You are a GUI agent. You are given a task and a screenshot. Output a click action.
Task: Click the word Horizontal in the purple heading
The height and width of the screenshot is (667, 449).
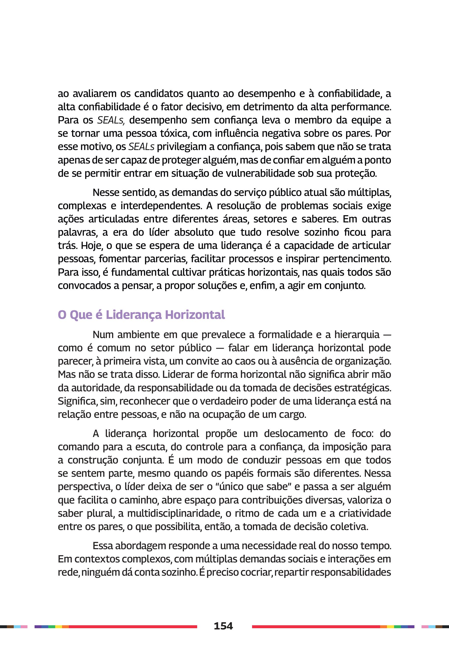click(x=195, y=315)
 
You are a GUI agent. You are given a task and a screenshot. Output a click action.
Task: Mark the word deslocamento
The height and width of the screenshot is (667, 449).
click(x=295, y=434)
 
